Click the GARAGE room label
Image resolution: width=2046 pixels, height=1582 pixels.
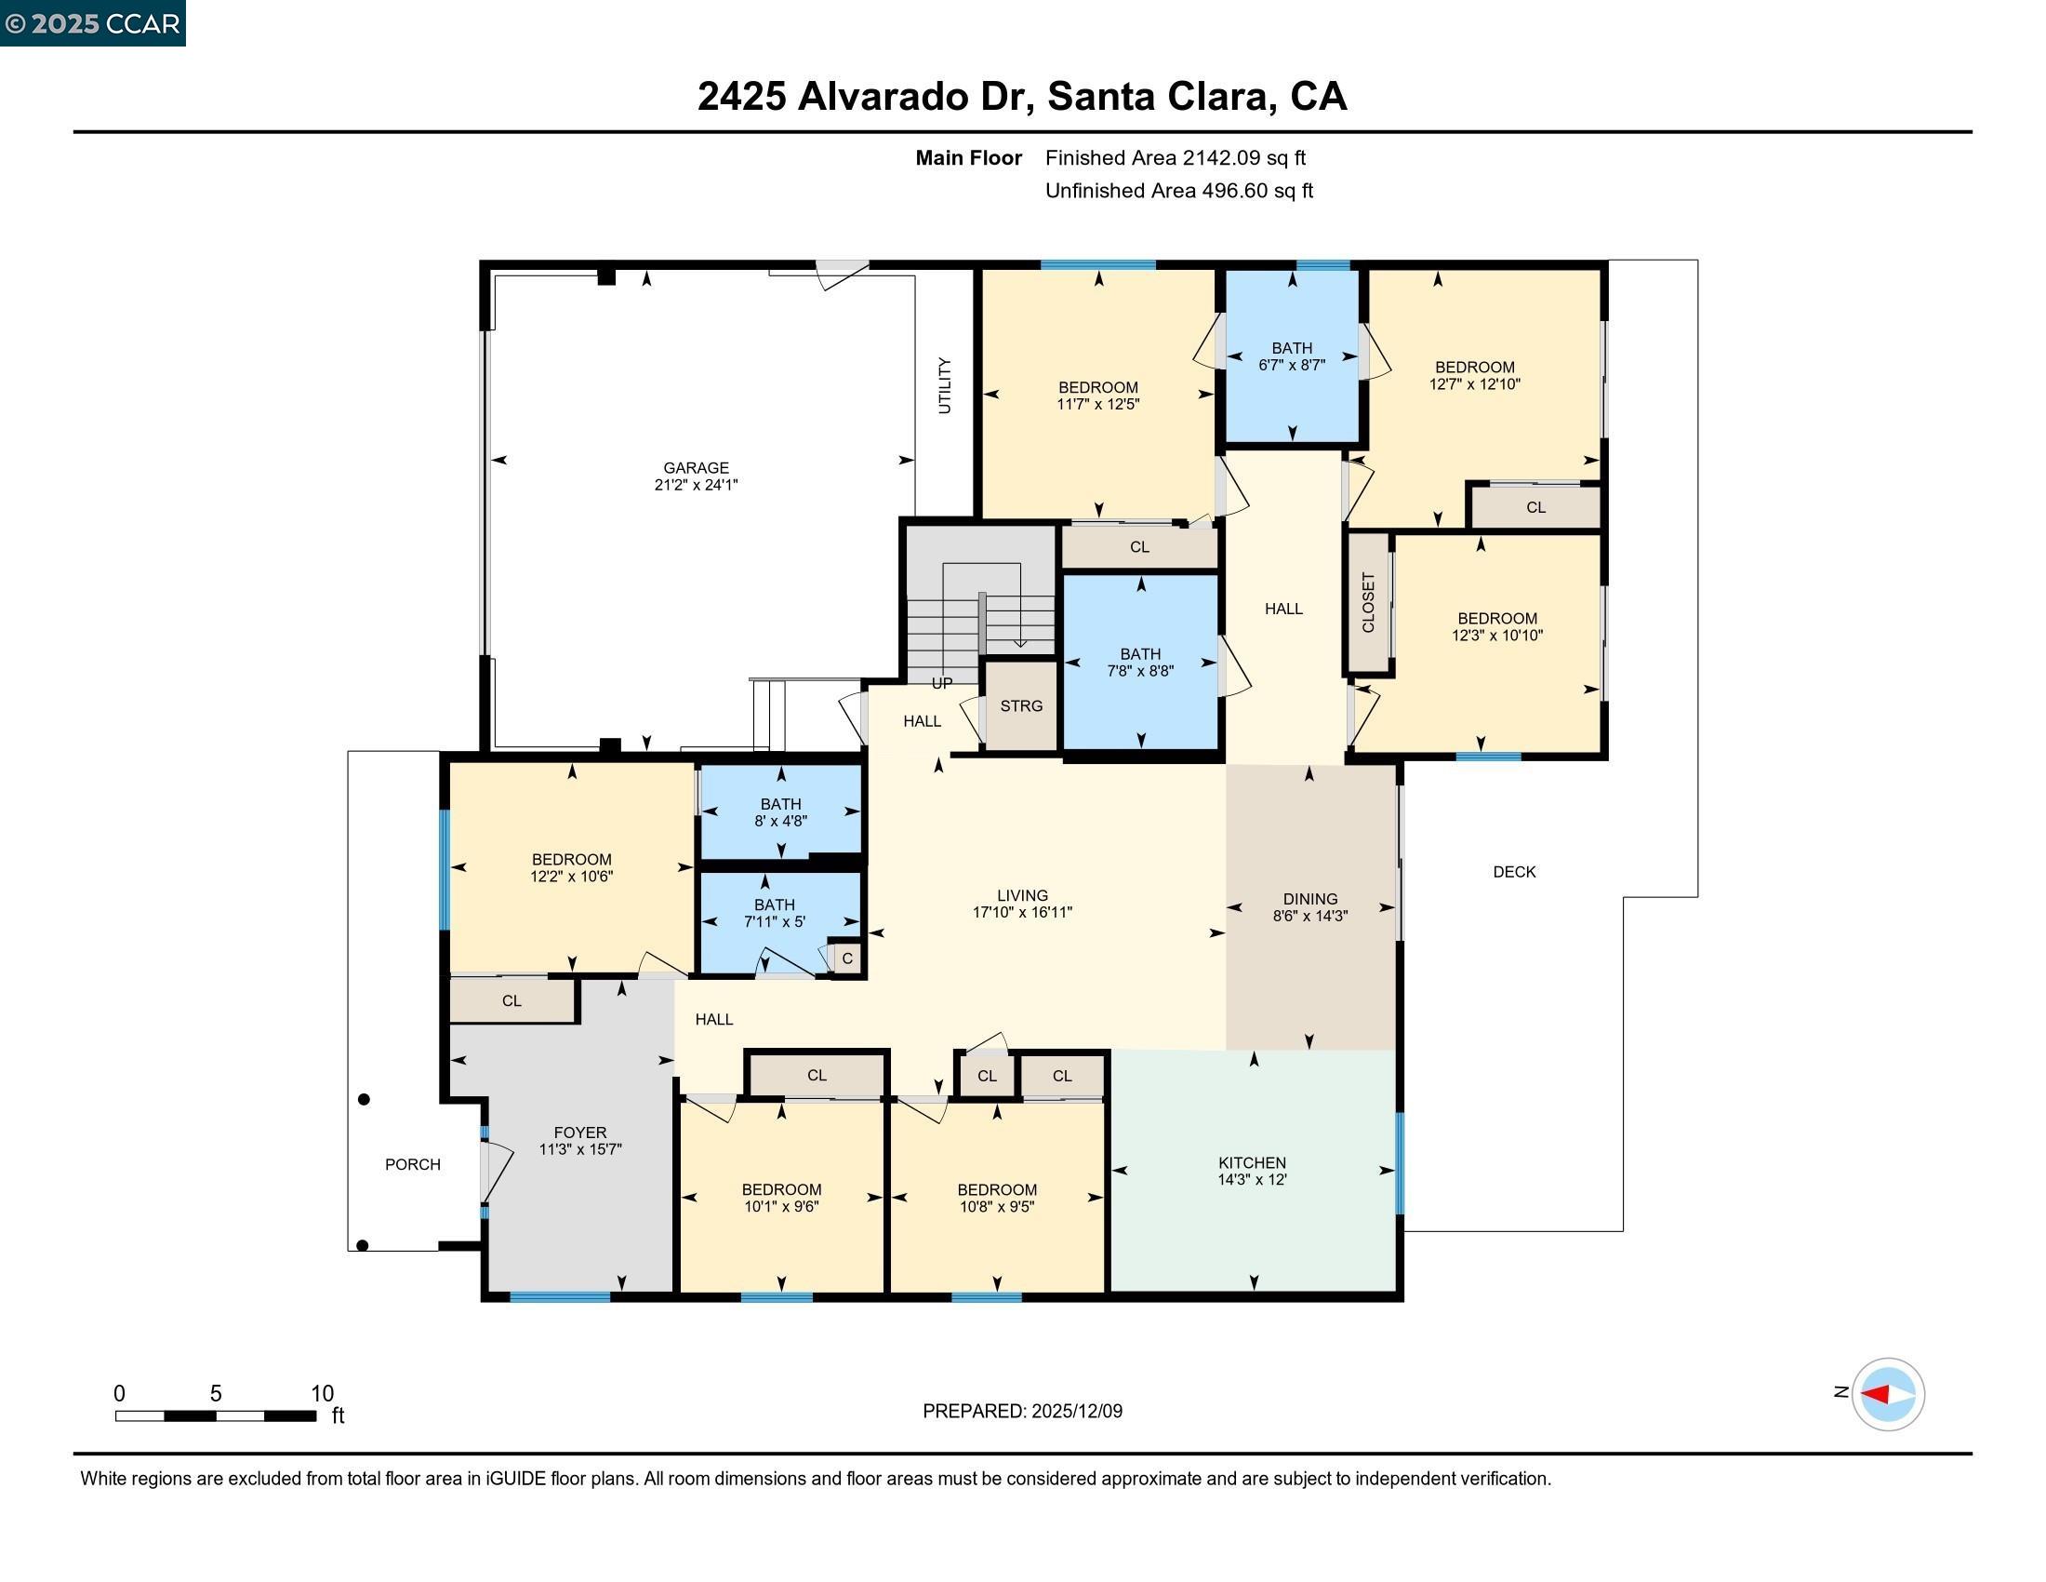click(x=695, y=468)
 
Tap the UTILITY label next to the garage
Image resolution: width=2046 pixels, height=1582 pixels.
click(x=944, y=385)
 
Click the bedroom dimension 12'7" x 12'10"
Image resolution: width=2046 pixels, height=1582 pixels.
click(x=1474, y=384)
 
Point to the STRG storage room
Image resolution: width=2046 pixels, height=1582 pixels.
click(x=1020, y=705)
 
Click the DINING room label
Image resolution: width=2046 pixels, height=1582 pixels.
click(x=1309, y=899)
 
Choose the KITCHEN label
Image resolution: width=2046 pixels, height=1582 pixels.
click(x=1252, y=1162)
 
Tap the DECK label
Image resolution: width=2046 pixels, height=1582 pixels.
click(x=1514, y=872)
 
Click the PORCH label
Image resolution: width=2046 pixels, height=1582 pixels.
click(x=412, y=1164)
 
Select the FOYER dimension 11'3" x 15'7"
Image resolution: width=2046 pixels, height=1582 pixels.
click(x=580, y=1149)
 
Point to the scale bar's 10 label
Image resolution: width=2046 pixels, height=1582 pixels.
click(x=322, y=1393)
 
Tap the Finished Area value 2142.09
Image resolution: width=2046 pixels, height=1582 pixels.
click(x=1221, y=157)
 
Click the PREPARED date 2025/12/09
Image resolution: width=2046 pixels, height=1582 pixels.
click(x=1076, y=1412)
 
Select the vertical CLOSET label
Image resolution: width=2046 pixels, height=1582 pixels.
click(x=1368, y=603)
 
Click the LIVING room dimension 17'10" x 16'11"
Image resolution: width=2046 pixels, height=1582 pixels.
click(x=1021, y=912)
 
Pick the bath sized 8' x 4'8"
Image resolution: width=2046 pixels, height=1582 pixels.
click(x=780, y=812)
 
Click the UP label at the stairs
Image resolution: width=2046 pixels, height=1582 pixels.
click(x=941, y=683)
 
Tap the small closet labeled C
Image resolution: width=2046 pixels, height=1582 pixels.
click(x=847, y=959)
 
